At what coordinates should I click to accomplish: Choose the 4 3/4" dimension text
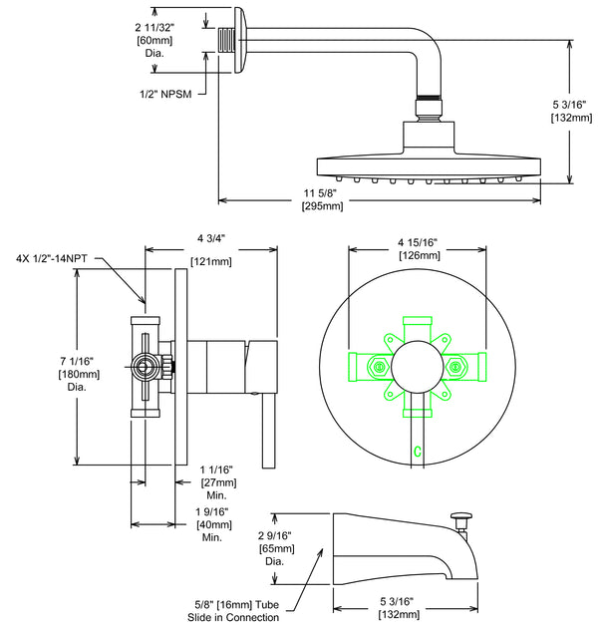(x=211, y=238)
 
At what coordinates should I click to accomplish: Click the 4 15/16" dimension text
(x=418, y=242)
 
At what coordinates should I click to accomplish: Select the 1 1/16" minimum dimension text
(x=216, y=469)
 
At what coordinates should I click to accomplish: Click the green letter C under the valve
(x=418, y=452)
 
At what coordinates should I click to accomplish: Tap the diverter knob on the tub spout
(x=460, y=517)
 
